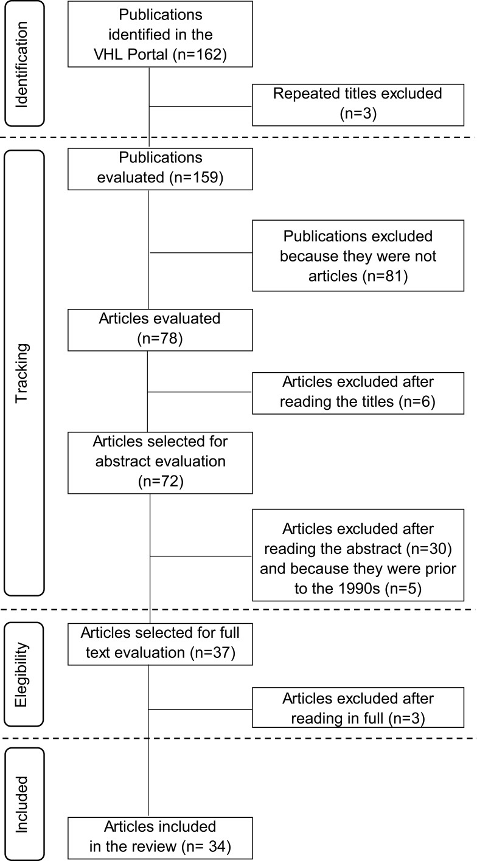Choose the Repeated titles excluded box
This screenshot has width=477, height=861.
click(x=357, y=103)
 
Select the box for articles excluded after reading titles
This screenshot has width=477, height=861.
click(x=357, y=392)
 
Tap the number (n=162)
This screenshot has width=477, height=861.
click(x=200, y=55)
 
